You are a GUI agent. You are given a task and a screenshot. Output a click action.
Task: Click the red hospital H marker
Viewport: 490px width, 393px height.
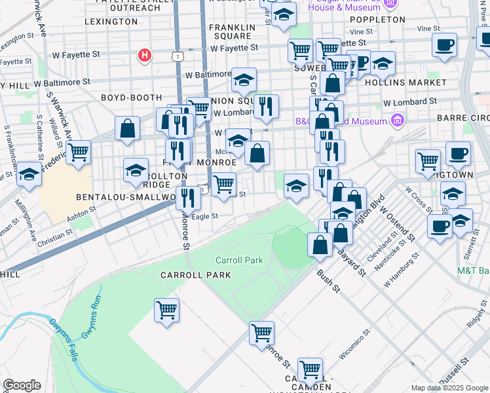pos(145,56)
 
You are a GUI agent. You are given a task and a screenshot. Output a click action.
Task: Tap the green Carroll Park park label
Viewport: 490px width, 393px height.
pos(239,260)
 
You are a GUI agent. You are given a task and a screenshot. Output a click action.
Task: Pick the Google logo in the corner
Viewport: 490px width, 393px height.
pos(22,385)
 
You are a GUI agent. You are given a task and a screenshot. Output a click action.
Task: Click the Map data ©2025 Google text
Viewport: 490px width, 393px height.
pos(449,388)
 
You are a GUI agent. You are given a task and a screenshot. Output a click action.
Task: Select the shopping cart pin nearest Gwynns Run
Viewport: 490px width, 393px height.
pos(166,309)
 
